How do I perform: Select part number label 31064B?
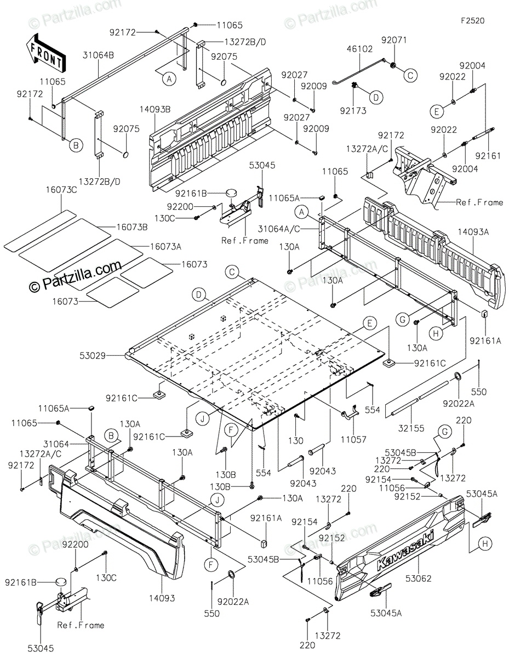point(99,55)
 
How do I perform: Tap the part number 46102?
point(359,49)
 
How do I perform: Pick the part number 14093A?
point(477,232)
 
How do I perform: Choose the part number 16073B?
point(131,227)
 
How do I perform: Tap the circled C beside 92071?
point(410,76)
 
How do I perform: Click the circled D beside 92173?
point(376,98)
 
